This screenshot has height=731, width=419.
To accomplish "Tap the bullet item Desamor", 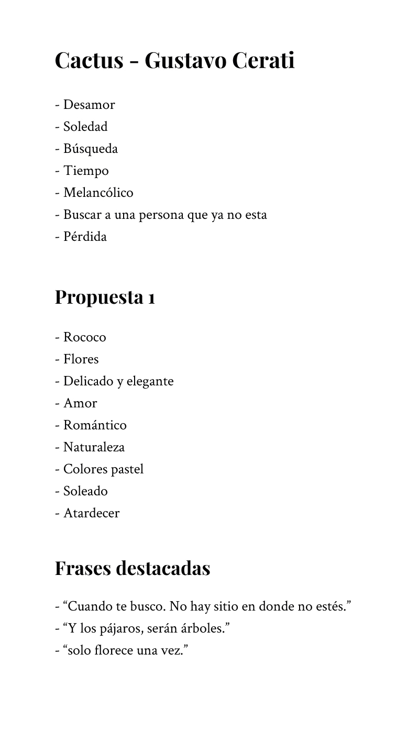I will [x=89, y=105].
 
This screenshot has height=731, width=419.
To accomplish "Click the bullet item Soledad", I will [x=85, y=127].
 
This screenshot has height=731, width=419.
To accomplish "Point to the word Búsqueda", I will [x=90, y=149].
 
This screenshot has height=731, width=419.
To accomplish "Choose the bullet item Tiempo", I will [x=86, y=171].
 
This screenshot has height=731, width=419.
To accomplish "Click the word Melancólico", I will [x=98, y=193].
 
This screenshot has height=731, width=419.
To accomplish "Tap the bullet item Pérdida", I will [x=85, y=237].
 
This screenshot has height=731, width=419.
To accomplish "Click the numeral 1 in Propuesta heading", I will [x=151, y=298].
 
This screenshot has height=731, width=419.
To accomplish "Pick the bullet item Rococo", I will [x=84, y=337].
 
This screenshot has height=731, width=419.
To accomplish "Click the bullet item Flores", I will [x=81, y=359].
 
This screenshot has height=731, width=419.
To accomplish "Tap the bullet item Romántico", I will [x=95, y=425].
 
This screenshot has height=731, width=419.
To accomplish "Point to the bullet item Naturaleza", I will [x=94, y=447].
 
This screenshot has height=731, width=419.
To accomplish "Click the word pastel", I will [x=126, y=469].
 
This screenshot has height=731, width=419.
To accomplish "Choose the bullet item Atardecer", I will [x=91, y=513].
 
